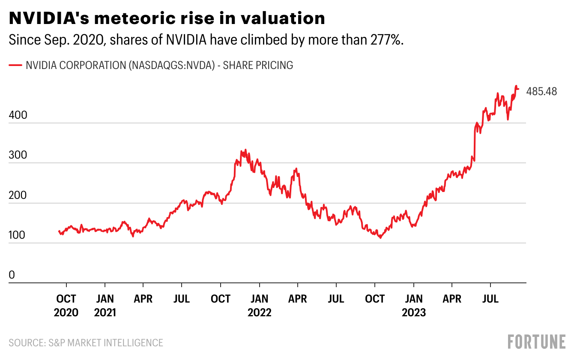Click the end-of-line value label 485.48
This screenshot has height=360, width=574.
click(x=541, y=91)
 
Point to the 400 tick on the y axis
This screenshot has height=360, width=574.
click(x=17, y=115)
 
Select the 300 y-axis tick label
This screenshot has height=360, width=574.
click(x=17, y=155)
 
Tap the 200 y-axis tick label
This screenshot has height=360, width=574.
click(x=17, y=195)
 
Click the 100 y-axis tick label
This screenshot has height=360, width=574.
click(x=17, y=235)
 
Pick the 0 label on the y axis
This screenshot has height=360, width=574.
click(x=12, y=275)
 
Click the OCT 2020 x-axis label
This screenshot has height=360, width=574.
click(x=66, y=305)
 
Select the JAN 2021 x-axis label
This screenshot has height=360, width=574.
click(x=105, y=305)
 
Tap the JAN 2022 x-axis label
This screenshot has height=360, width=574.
click(x=259, y=305)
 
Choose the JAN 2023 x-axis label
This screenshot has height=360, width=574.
click(x=413, y=305)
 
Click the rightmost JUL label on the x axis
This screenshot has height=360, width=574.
click(x=490, y=298)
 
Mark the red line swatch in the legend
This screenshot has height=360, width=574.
click(x=15, y=65)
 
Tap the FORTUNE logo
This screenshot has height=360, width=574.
click(x=537, y=342)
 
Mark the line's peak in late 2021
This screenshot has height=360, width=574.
click(x=245, y=150)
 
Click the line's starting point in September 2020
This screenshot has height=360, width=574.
click(x=59, y=231)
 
